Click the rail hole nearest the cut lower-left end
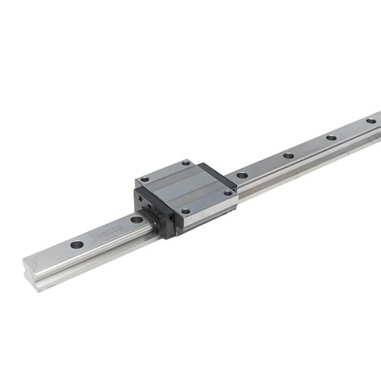(x=76, y=244)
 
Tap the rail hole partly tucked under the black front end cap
(x=137, y=219)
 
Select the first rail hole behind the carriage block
(x=242, y=174)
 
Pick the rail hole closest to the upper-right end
(x=371, y=121)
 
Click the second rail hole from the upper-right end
(x=331, y=137)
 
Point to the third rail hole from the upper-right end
(x=288, y=155)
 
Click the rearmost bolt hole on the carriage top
(x=186, y=163)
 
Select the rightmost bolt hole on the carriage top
(x=227, y=193)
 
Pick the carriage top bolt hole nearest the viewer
(x=186, y=211)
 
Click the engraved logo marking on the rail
(x=104, y=234)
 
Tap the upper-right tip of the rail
(x=376, y=114)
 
